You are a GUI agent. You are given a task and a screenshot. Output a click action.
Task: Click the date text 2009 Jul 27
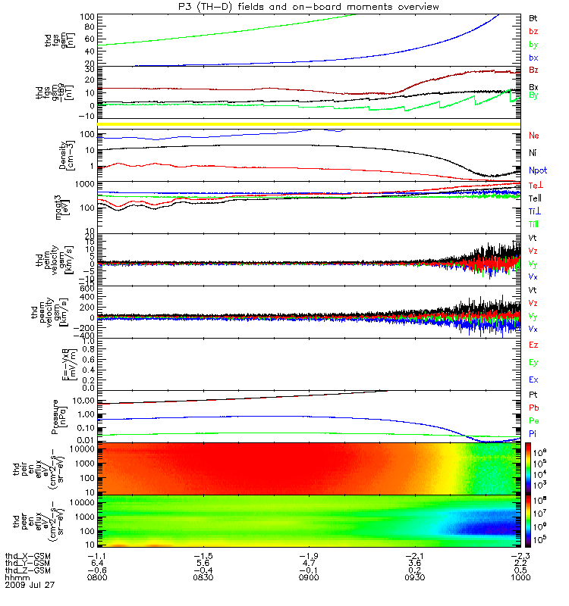[x=30, y=585]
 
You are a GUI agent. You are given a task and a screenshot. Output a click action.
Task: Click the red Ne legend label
[x=534, y=136]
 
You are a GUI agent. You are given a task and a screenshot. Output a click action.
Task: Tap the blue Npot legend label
[x=538, y=170]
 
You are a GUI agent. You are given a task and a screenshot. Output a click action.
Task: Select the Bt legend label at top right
[x=533, y=17]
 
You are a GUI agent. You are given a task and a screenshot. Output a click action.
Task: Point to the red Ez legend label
[x=534, y=345]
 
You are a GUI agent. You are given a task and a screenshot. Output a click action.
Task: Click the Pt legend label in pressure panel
[x=533, y=395]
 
